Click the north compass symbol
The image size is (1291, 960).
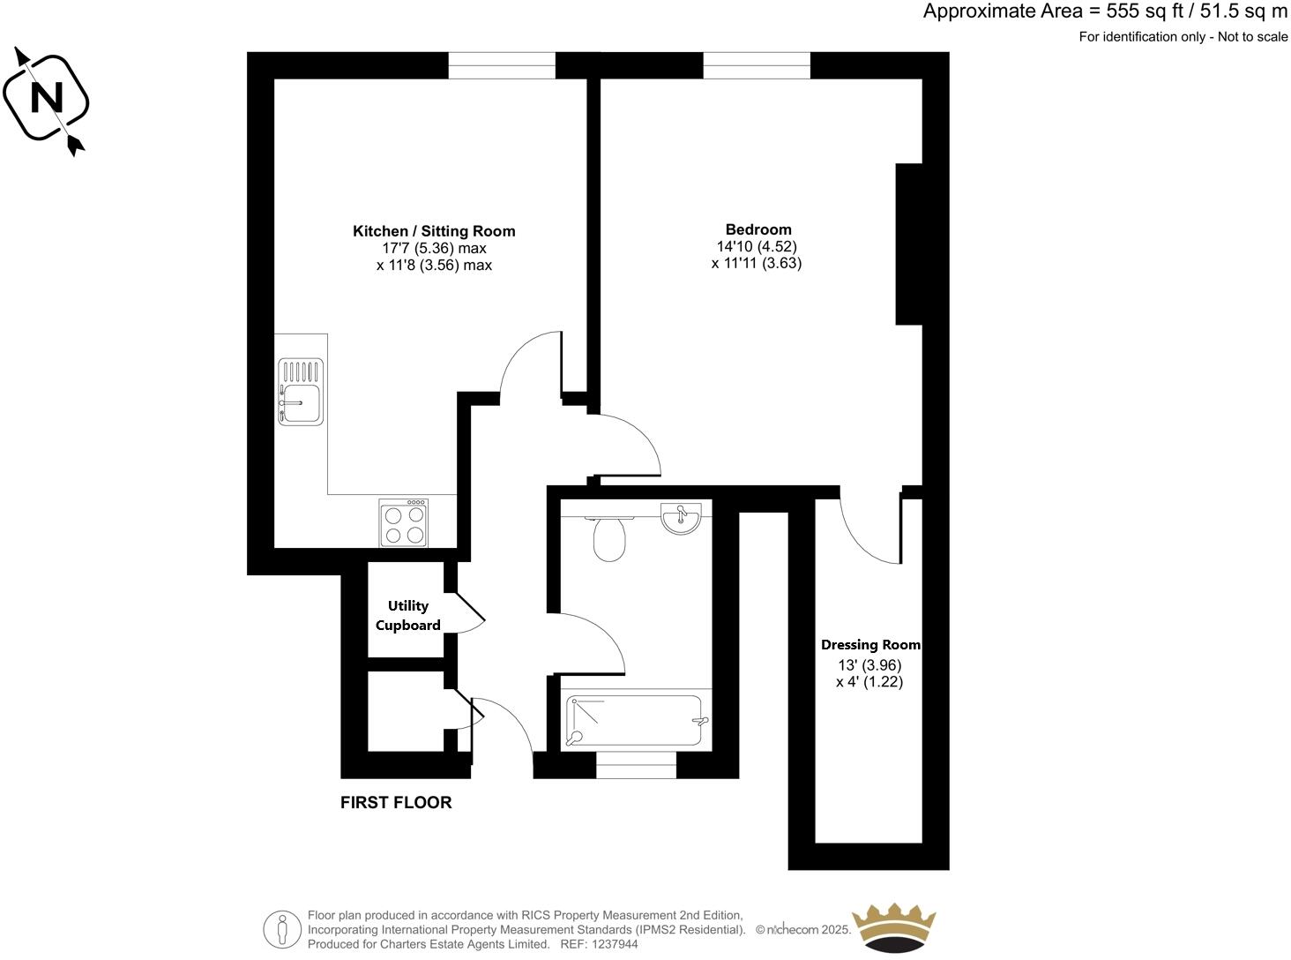[x=47, y=99]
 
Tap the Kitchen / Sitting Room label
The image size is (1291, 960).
[x=434, y=231]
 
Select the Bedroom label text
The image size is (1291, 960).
[x=758, y=229]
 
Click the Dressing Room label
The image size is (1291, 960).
[x=870, y=645]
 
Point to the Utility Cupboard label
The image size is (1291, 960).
[x=408, y=616]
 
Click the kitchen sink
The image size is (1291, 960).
[x=301, y=392]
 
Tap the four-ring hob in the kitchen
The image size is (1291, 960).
[x=404, y=523]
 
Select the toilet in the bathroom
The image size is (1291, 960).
[x=609, y=538]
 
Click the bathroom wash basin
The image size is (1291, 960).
[x=681, y=517]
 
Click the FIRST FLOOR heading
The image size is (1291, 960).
[x=396, y=802]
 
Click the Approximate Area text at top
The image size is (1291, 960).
[x=1105, y=11]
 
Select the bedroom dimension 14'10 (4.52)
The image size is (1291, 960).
[x=757, y=247]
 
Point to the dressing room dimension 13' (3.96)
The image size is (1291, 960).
[x=869, y=665]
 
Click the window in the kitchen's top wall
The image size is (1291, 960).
[x=502, y=65]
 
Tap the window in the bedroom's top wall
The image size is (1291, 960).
[x=756, y=65]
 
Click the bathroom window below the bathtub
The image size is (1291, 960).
[x=636, y=765]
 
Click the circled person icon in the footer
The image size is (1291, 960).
[x=282, y=929]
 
